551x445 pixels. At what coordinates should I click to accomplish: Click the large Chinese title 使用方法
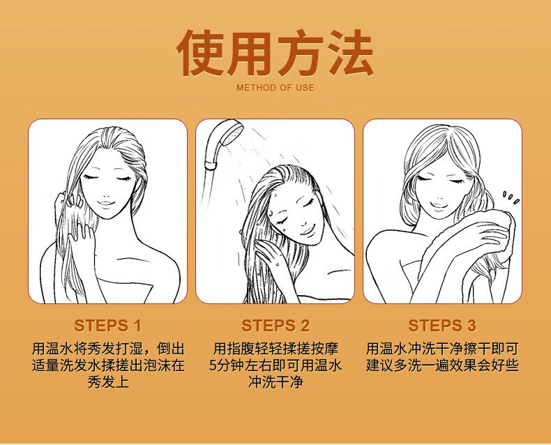click(275, 53)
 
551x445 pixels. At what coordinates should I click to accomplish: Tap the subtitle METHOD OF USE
click(275, 87)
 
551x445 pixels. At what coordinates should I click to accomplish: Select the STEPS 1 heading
click(107, 326)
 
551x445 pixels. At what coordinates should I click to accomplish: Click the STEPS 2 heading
click(275, 326)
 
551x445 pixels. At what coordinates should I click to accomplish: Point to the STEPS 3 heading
click(442, 326)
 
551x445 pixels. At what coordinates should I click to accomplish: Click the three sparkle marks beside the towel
click(512, 197)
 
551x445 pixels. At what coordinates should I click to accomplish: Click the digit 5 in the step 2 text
click(213, 365)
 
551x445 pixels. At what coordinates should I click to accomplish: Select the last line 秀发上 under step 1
click(108, 382)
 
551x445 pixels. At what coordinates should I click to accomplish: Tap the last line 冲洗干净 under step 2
click(275, 382)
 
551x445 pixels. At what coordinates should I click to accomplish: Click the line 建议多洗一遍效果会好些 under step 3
click(442, 365)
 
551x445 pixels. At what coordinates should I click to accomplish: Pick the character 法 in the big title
click(349, 53)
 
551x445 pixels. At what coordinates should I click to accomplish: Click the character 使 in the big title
click(201, 53)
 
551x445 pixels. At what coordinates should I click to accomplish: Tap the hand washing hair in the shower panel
click(270, 254)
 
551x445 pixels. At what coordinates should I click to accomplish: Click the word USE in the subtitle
click(305, 87)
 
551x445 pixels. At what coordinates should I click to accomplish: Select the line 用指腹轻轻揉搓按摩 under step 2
click(275, 349)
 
